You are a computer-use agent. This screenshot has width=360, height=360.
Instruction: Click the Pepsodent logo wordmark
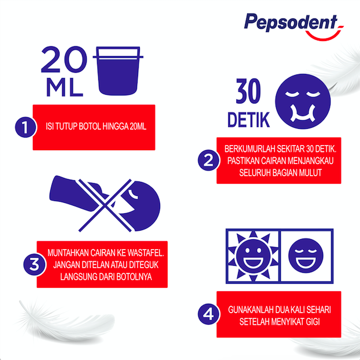[291, 23]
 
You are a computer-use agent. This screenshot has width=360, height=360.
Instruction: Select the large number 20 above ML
[64, 60]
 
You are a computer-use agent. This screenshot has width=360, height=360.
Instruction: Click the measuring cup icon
[118, 71]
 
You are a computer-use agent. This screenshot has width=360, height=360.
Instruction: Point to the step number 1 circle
[25, 127]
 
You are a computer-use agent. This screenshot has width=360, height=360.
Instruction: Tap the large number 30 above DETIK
[248, 91]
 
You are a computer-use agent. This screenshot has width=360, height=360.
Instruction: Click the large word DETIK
[248, 120]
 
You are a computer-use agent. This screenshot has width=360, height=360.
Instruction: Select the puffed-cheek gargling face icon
[303, 101]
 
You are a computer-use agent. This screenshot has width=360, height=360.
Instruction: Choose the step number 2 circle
[208, 160]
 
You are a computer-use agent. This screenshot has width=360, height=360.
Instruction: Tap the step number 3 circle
[35, 265]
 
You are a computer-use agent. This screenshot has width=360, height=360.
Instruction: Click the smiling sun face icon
[253, 256]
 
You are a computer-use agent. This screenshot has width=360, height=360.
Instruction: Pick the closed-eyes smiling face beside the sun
[306, 255]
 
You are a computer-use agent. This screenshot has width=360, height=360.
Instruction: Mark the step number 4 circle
[208, 314]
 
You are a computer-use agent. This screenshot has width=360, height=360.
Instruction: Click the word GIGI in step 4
[313, 322]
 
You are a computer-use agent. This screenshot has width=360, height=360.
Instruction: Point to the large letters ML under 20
[65, 87]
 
